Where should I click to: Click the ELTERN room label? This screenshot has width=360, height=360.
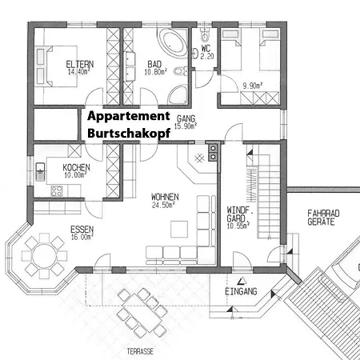tap(80, 64)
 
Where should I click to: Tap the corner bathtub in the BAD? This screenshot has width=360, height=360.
tap(172, 42)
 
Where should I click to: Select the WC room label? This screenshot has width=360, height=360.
tap(206, 48)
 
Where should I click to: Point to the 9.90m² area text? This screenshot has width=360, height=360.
tap(253, 86)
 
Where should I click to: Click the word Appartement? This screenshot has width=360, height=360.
tap(129, 116)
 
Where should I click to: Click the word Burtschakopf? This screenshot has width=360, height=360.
tap(129, 133)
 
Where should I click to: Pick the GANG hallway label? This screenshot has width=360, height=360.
tap(186, 118)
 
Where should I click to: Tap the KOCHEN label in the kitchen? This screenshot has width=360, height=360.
tap(76, 167)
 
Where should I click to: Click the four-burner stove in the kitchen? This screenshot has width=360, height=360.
tap(57, 191)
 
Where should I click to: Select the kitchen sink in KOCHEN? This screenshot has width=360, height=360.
tap(40, 171)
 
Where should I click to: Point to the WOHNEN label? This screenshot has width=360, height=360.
tap(165, 197)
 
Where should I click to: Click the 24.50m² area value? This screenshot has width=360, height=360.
tap(163, 205)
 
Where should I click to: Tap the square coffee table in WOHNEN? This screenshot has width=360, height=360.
tap(179, 229)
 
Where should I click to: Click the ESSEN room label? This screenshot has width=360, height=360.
tap(82, 230)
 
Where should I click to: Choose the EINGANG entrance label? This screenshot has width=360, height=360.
tap(241, 291)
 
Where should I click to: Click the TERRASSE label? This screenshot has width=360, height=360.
tap(140, 351)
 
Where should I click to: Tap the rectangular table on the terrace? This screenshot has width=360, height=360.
tap(142, 313)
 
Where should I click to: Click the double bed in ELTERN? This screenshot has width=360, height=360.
tap(62, 66)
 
